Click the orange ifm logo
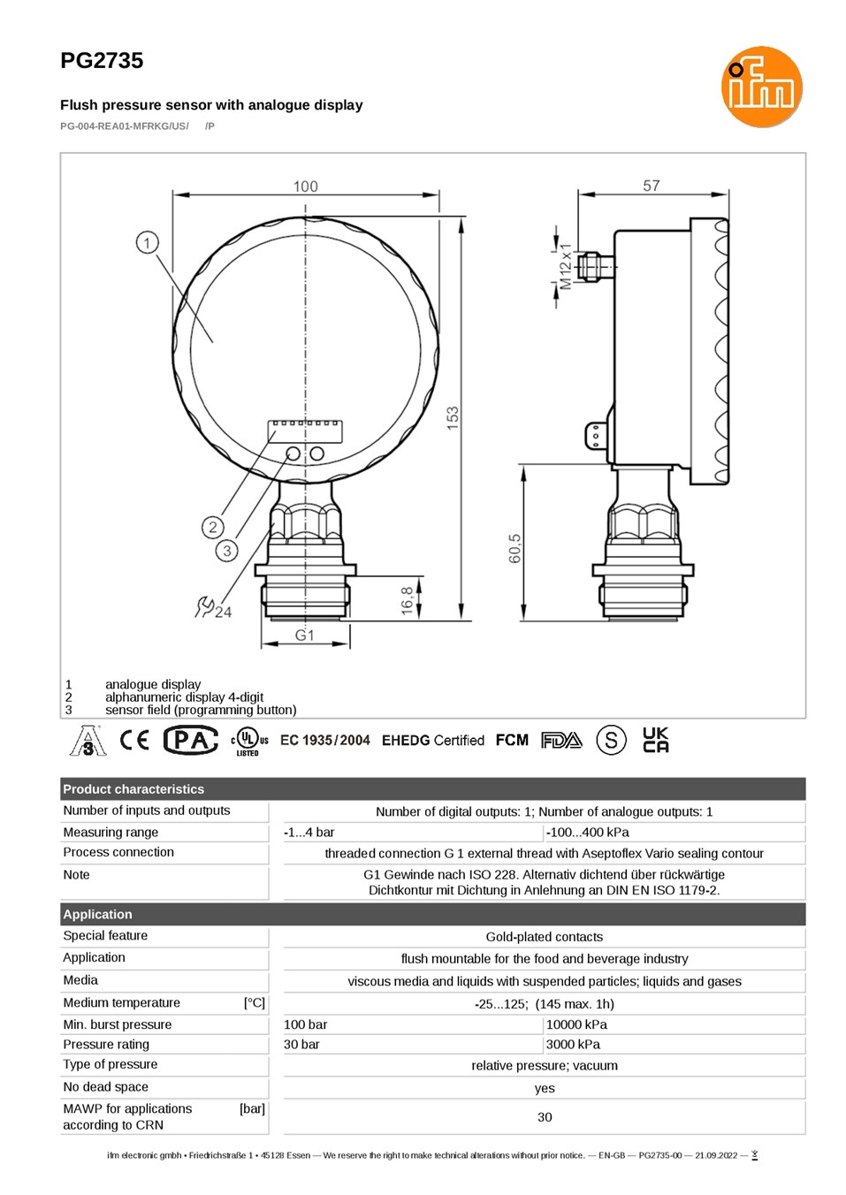tap(761, 87)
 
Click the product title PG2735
tap(102, 60)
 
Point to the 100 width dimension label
tap(305, 186)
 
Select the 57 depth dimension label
tap(652, 186)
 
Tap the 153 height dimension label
tap(453, 418)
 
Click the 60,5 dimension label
tap(514, 548)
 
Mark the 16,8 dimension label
tap(407, 600)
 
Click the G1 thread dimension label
tap(305, 635)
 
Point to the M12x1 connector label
tap(565, 267)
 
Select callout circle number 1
tap(148, 243)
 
